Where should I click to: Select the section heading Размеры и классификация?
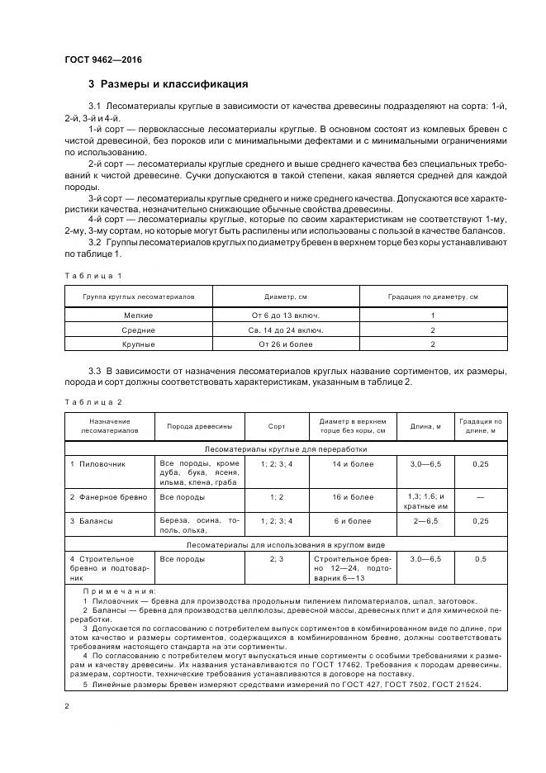(x=169, y=84)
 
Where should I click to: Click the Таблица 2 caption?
(x=93, y=401)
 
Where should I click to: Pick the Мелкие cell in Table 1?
(x=138, y=315)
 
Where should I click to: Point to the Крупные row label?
(x=138, y=344)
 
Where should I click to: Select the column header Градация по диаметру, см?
(x=433, y=296)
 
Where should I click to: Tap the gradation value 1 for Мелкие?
(x=433, y=315)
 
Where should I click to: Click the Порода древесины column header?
(x=199, y=427)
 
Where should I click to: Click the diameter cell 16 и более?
(x=353, y=497)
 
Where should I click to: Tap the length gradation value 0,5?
(x=480, y=559)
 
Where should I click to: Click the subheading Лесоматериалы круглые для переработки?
(x=286, y=449)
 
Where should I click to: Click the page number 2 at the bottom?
(x=67, y=706)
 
